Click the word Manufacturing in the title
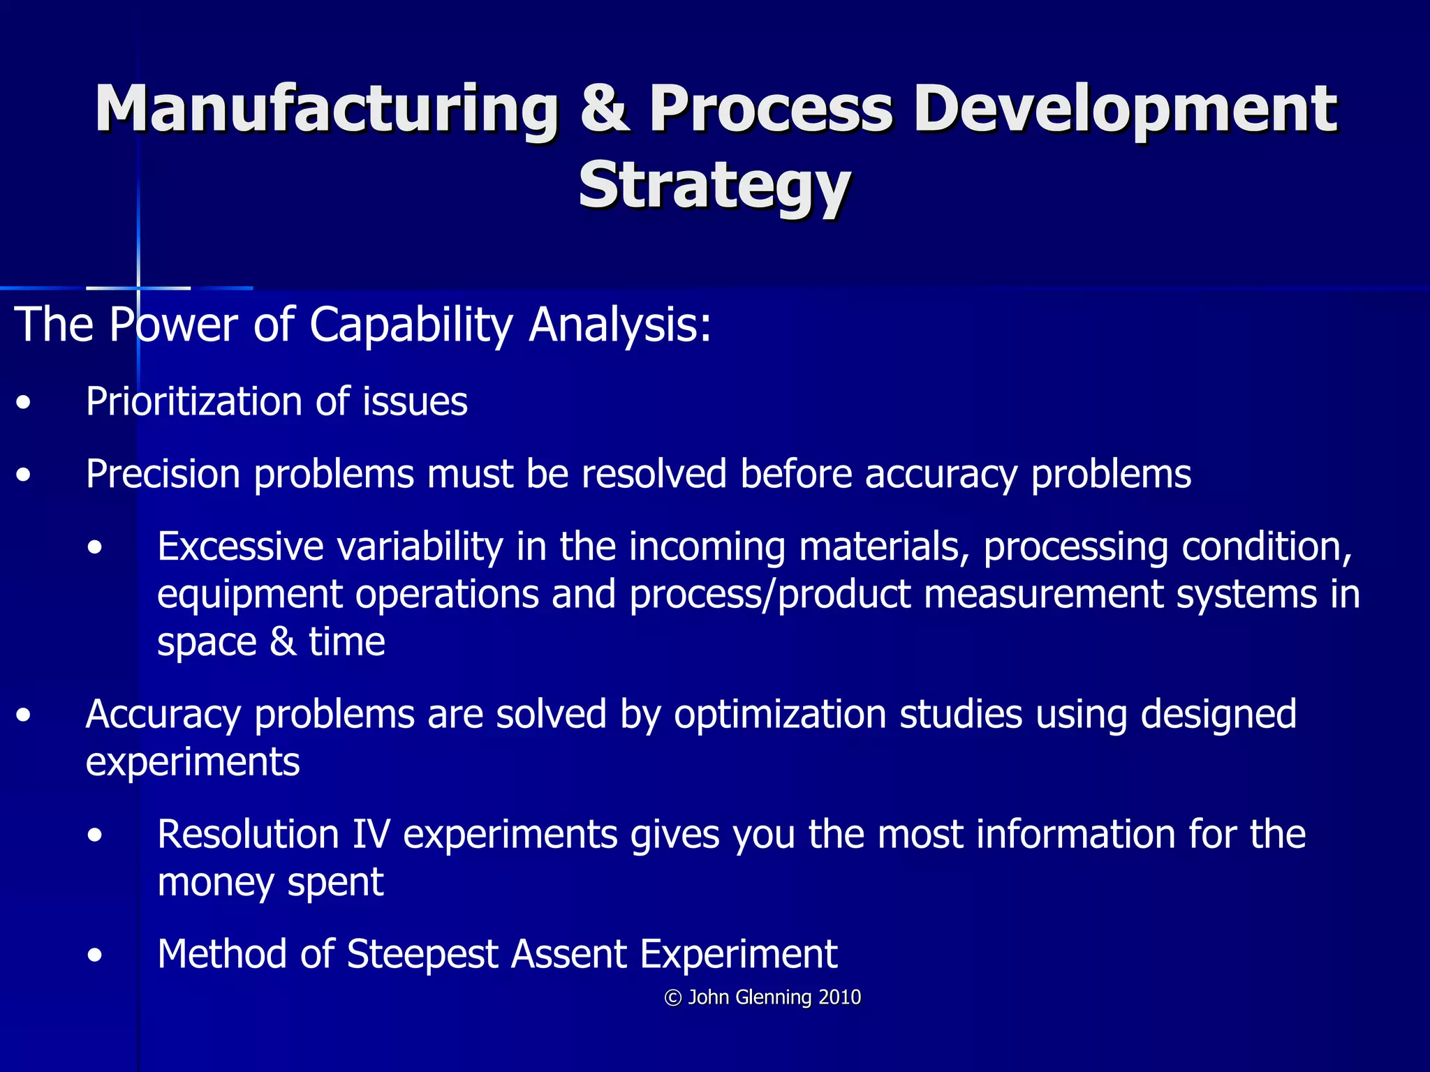point(327,109)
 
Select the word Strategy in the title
point(714,185)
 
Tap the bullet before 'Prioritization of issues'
point(24,403)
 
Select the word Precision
point(163,475)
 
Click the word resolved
point(654,475)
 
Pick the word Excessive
point(240,546)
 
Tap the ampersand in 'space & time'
point(283,642)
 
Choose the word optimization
point(779,715)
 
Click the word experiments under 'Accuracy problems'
point(193,762)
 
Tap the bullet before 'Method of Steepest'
point(96,955)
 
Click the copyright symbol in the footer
point(672,998)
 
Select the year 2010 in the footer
point(840,997)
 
